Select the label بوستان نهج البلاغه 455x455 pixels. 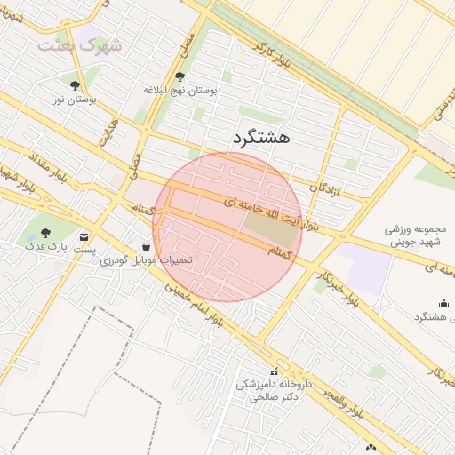click(x=188, y=90)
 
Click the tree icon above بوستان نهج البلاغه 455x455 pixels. click(x=180, y=76)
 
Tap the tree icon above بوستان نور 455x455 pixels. click(x=74, y=86)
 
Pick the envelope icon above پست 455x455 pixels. click(x=84, y=237)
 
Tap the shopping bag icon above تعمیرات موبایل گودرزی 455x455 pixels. click(x=146, y=247)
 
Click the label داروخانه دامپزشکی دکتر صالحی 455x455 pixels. click(x=271, y=392)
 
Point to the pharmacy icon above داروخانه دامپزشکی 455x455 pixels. click(x=273, y=371)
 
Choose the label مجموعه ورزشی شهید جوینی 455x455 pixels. click(x=419, y=235)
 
